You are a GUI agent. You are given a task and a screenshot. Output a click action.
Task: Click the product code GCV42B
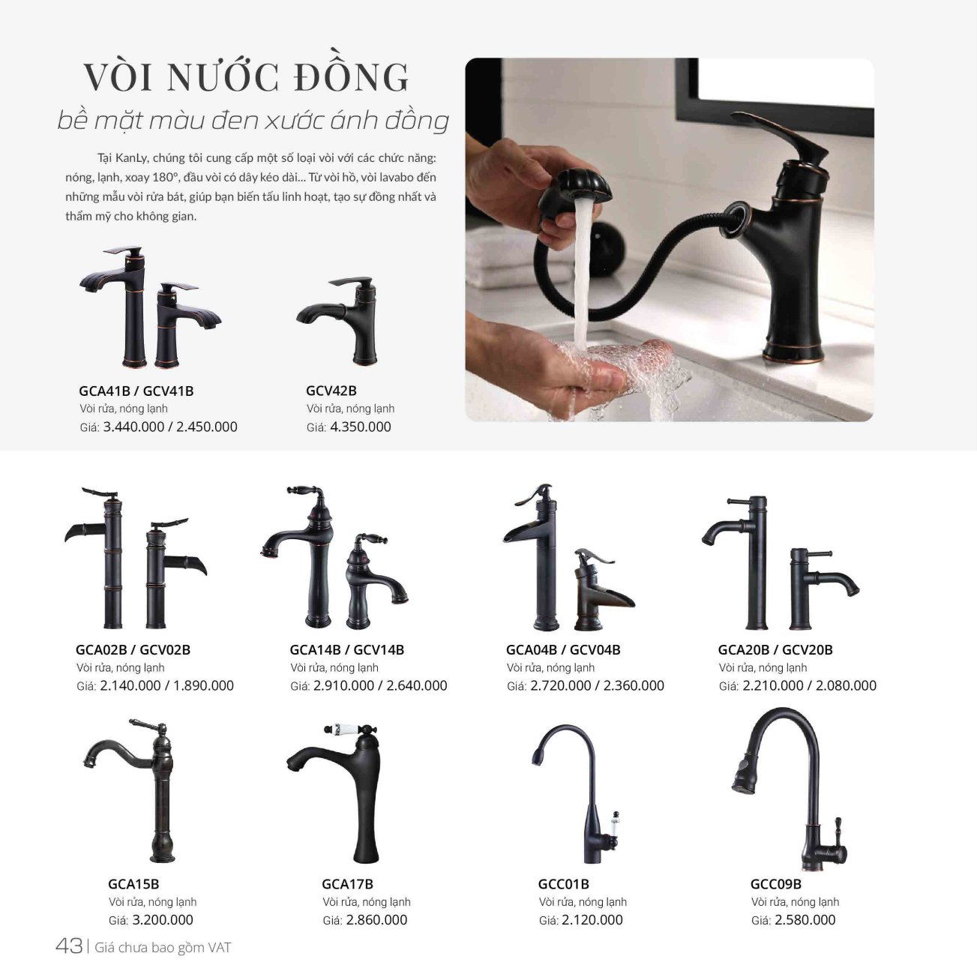coord(331,391)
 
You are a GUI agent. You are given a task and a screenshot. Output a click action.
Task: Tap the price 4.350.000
coord(361,427)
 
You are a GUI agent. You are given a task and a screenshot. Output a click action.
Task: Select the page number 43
coord(69,946)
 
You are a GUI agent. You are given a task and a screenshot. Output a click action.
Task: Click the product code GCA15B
coord(133,884)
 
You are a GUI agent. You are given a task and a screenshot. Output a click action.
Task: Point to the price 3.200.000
coord(163,920)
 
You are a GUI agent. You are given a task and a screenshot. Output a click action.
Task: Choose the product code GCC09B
coord(776,884)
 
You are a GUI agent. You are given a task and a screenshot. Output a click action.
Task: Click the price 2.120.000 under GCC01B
coord(592,920)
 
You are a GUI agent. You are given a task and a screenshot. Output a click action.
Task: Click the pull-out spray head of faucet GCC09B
coord(743,775)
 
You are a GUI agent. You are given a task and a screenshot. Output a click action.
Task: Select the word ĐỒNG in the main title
coord(352,77)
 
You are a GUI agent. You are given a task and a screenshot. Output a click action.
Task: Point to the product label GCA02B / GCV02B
coord(133,649)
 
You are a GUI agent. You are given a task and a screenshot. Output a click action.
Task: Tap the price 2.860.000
coord(376,920)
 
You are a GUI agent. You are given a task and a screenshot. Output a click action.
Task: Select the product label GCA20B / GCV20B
coord(775,649)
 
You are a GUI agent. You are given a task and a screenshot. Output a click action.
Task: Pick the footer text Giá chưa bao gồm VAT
coord(163,947)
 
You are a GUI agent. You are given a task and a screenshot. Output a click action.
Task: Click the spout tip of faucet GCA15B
coord(90,760)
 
